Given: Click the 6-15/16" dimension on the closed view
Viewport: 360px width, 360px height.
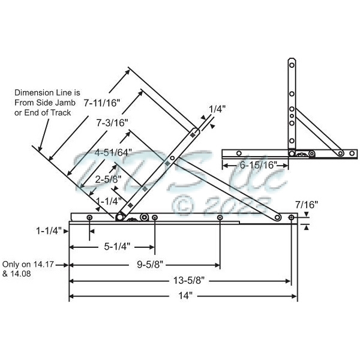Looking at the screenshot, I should [257, 164].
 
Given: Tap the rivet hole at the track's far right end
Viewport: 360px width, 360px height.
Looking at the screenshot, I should [292, 217].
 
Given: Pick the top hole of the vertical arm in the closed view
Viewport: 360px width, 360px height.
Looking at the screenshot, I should [292, 64].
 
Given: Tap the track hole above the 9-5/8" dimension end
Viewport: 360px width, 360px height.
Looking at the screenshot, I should [220, 217].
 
